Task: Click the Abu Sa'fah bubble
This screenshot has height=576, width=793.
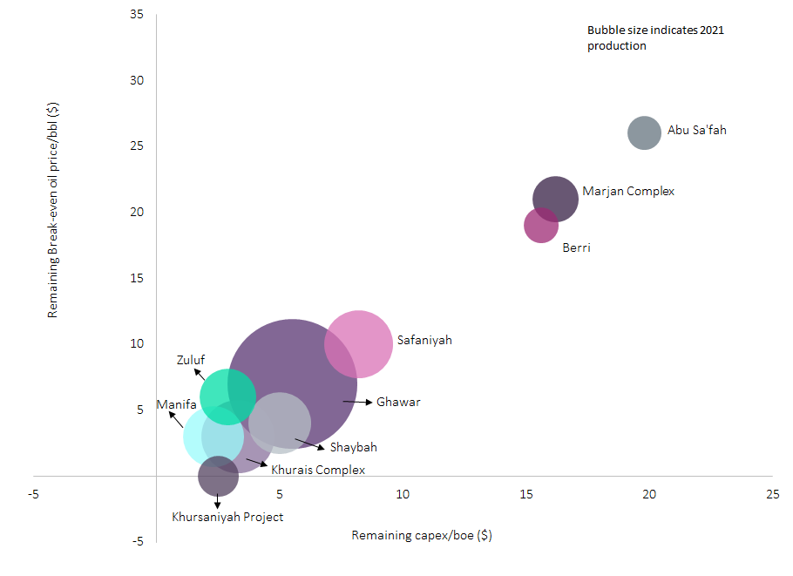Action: click(x=644, y=133)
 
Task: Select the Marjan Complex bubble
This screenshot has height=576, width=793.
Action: click(x=555, y=199)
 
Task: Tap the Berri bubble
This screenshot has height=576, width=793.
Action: click(x=540, y=226)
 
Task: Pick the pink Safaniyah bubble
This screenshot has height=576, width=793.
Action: click(x=358, y=343)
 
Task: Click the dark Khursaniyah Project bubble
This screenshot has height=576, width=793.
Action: click(x=218, y=476)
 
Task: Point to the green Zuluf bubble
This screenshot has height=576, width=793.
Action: click(x=227, y=396)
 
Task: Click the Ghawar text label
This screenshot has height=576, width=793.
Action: click(x=398, y=403)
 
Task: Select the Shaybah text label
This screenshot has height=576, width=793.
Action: click(x=353, y=448)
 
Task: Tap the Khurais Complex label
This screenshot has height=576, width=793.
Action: click(x=318, y=470)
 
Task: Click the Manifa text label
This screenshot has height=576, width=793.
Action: click(x=176, y=404)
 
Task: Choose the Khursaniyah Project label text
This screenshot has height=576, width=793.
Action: click(x=227, y=517)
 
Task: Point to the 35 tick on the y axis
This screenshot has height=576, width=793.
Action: click(x=137, y=15)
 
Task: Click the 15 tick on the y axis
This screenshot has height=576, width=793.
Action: click(x=137, y=278)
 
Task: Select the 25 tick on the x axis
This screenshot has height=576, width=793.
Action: click(x=772, y=495)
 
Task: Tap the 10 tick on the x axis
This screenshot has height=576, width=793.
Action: click(x=403, y=495)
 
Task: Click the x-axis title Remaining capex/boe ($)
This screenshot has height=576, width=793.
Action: click(x=422, y=535)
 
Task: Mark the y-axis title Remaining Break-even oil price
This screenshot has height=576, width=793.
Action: click(x=53, y=209)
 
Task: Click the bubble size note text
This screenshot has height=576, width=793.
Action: click(x=654, y=37)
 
